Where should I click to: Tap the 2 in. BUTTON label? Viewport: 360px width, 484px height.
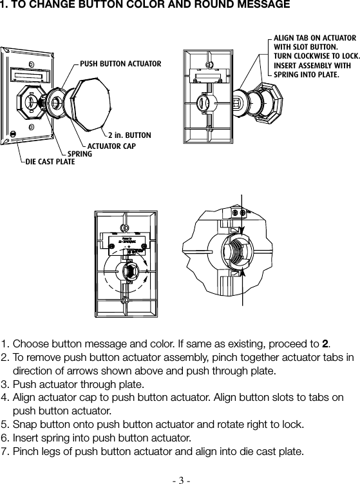coord(129,135)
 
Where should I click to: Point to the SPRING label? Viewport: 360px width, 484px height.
coord(80,154)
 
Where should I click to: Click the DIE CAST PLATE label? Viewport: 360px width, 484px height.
coord(50,162)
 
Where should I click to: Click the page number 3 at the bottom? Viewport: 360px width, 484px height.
coord(180,478)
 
